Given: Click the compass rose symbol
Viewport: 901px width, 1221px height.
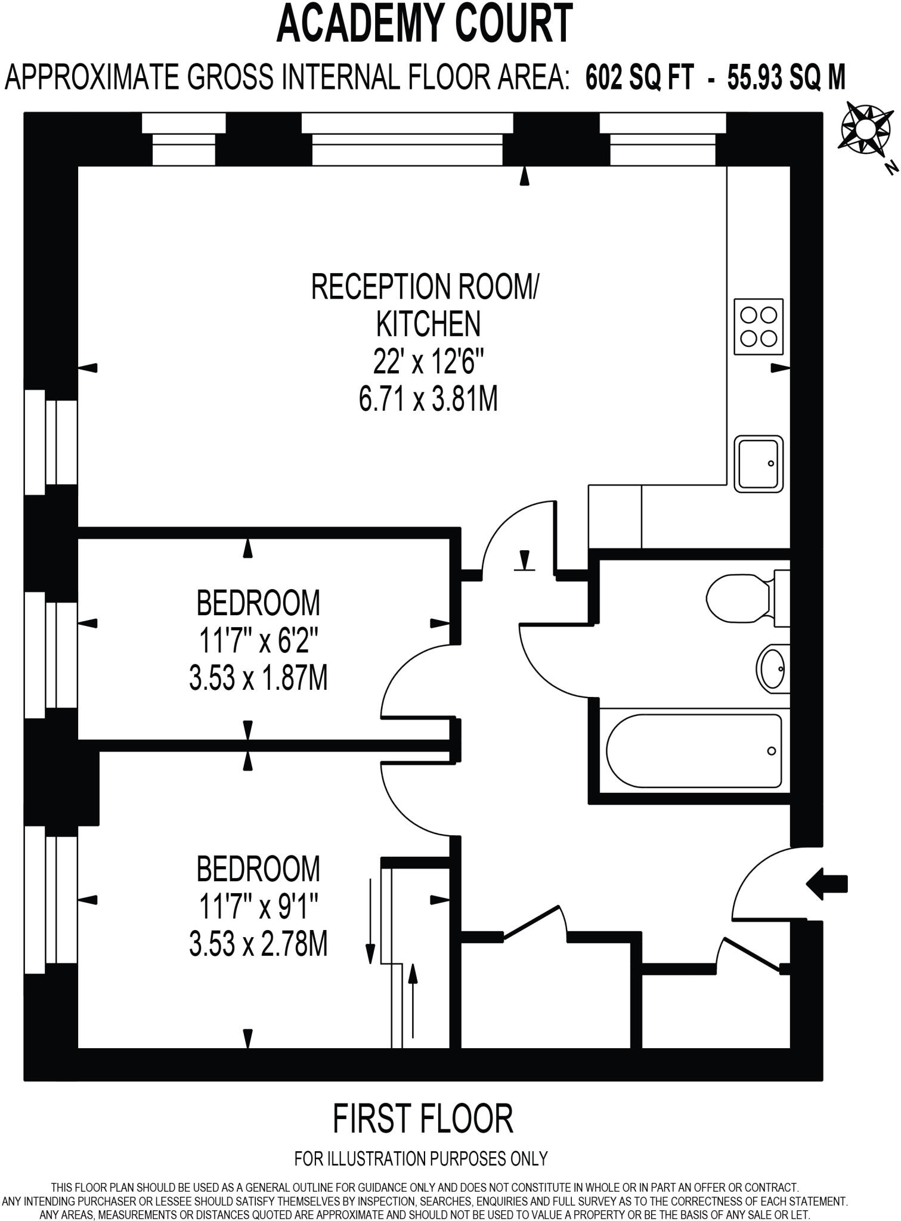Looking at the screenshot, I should pos(868,127).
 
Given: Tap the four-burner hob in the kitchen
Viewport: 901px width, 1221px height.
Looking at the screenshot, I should pos(758,327).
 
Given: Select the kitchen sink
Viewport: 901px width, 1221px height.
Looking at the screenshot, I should pos(758,463).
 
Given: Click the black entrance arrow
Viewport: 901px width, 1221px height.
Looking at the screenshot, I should pos(826,883).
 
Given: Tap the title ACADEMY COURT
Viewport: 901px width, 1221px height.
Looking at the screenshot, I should pos(425,24).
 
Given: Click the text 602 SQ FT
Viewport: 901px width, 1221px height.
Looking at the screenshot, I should pos(640,77).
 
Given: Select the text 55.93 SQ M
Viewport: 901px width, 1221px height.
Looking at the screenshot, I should pos(786,77).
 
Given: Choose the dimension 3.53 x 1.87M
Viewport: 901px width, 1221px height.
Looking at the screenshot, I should pos(258,678).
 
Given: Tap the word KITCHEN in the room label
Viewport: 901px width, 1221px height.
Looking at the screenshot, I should pos(428,324).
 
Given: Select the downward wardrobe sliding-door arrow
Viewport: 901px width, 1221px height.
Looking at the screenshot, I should pos(370,919).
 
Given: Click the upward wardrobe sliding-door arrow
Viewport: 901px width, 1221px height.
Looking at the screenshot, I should pos(411,1001).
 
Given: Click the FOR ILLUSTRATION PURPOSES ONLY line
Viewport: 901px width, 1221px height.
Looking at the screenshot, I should pos(421,1158).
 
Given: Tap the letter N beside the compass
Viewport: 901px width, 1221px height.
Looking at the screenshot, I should pos(891,169).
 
